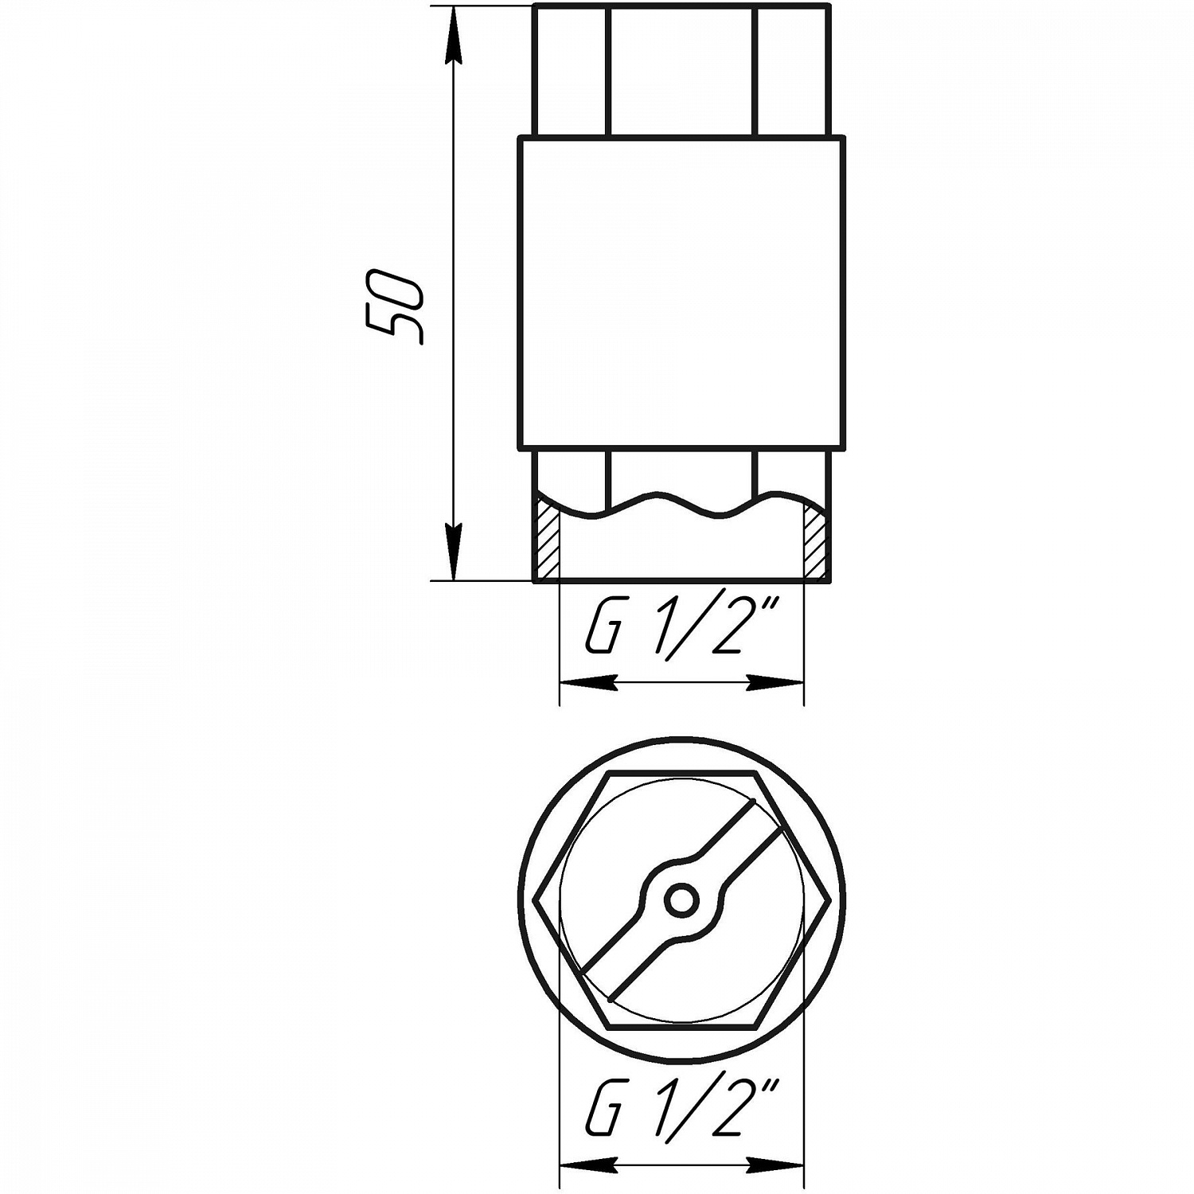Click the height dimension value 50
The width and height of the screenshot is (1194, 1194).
click(392, 307)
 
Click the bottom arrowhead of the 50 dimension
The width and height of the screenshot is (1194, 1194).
click(453, 553)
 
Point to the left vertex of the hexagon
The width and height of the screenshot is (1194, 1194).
click(533, 900)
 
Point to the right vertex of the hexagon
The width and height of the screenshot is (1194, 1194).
click(830, 900)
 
